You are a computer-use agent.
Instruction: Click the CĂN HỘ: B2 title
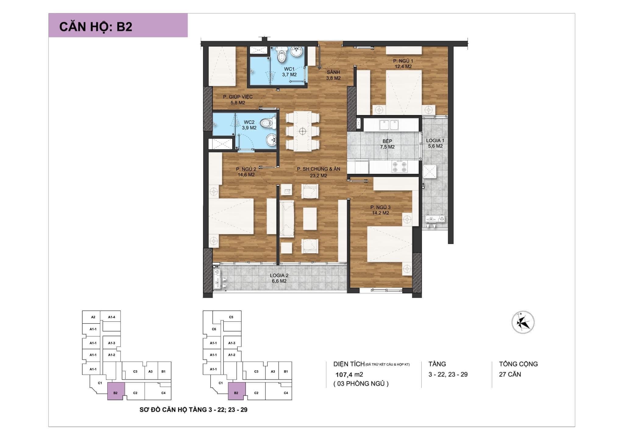(96, 27)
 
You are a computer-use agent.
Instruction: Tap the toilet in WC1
(282, 55)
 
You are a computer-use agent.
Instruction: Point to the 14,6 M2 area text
(246, 175)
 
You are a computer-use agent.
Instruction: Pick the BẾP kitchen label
(387, 141)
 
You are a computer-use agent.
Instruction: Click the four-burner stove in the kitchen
(400, 167)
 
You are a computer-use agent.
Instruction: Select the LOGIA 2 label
(279, 275)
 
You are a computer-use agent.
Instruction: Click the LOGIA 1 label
(435, 141)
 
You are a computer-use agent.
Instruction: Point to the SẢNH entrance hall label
(333, 72)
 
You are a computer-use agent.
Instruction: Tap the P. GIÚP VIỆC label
(238, 97)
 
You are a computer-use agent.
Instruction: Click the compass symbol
(523, 322)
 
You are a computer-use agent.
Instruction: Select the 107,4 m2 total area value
(349, 375)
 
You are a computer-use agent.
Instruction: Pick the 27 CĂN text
(510, 374)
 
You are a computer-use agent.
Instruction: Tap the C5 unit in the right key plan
(231, 317)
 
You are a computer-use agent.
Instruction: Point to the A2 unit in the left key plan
(93, 317)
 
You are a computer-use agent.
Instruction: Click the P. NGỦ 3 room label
(381, 207)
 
